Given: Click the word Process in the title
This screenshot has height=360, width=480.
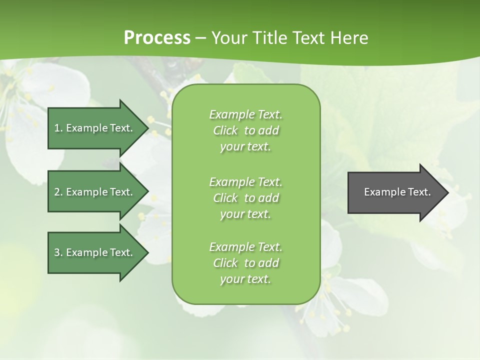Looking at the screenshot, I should (157, 38).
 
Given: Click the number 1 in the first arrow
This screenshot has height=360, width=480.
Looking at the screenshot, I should (57, 128).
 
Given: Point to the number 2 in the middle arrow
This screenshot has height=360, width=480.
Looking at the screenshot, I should (57, 192).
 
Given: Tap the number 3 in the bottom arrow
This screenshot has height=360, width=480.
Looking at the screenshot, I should (57, 252).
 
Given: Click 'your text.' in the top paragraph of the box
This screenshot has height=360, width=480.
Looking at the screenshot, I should (245, 147).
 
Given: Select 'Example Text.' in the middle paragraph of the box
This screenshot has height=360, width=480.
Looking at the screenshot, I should (245, 182).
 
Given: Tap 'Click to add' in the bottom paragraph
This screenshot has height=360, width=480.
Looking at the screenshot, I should (245, 263).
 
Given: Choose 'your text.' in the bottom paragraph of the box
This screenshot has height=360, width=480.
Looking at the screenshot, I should (245, 279).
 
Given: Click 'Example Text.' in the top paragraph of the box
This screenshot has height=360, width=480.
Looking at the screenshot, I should (245, 114).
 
